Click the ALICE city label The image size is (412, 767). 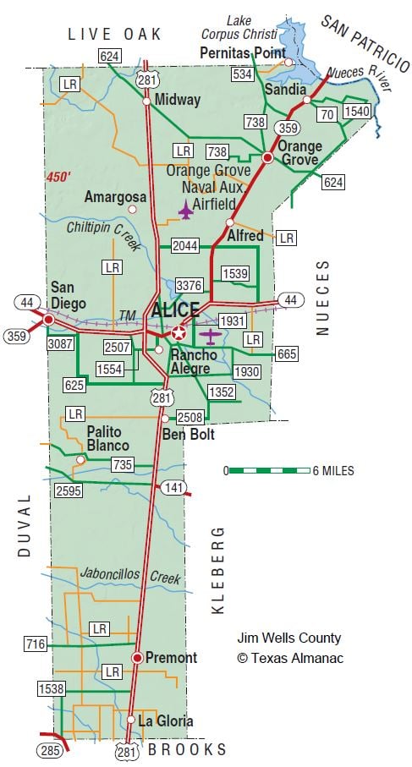pos(175,310)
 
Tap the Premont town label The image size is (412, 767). pos(171,657)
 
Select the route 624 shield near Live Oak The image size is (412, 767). pos(110,57)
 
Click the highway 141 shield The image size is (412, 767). pos(174,488)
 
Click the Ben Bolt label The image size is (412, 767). pos(189,435)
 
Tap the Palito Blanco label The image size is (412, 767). pos(107,438)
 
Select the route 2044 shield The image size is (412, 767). pos(184,246)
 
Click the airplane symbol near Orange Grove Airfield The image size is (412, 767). pos(185,209)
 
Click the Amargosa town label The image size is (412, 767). pos(116,197)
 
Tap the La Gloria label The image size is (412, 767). pos(167,721)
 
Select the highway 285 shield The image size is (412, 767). pos(48,749)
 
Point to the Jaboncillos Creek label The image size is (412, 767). pos(130,575)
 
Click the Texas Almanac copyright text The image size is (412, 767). pos(289,657)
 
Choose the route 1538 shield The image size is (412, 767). pos(52,689)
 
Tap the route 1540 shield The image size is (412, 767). pos(359,111)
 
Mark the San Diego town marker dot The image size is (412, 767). pos(49,320)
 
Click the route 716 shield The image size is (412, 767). pos(36,645)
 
